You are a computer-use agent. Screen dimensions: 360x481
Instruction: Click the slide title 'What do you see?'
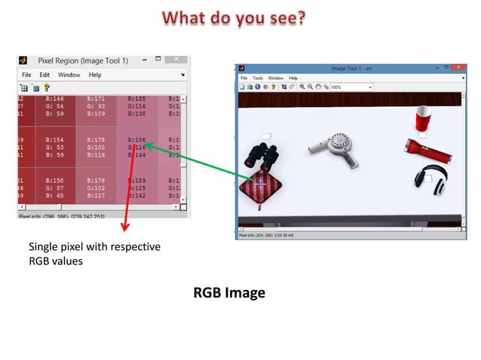click(x=234, y=17)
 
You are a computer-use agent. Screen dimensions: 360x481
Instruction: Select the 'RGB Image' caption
click(x=229, y=293)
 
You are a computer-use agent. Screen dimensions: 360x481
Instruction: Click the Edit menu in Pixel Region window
click(x=44, y=75)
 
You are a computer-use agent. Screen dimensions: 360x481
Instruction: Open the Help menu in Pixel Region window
click(x=94, y=75)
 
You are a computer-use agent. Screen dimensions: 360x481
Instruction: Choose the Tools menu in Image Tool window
click(x=258, y=78)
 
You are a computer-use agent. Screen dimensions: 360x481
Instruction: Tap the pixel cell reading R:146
click(x=56, y=107)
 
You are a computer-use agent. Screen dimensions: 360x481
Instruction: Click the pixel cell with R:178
click(x=97, y=147)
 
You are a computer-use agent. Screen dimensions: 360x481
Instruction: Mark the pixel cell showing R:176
click(x=97, y=188)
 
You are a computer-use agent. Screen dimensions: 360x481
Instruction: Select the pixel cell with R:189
click(x=137, y=188)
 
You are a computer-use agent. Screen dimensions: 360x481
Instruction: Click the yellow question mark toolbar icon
click(x=47, y=87)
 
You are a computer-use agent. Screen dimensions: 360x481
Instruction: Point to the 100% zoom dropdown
click(x=351, y=87)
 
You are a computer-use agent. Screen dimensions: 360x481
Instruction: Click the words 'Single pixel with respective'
click(x=94, y=247)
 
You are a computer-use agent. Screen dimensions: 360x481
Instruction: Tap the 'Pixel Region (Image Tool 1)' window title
click(x=84, y=60)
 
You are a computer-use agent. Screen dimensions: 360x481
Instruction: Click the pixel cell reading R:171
click(x=97, y=107)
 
